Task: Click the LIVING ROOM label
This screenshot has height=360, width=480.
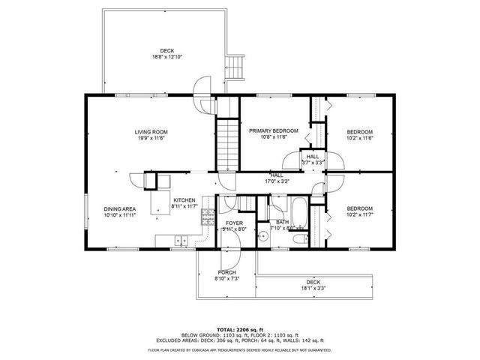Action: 151,132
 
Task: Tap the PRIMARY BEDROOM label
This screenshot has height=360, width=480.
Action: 273,130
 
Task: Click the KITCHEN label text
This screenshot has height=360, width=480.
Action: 184,200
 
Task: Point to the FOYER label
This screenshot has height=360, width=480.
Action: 234,223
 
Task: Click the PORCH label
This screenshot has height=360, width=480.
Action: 227,272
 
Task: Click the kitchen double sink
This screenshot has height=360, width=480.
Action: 181,240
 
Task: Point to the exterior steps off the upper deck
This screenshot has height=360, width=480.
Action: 238,67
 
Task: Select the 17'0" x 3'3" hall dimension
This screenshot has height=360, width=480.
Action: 276,181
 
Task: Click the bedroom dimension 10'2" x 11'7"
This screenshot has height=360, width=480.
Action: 359,214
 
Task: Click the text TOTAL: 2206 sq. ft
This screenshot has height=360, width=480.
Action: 239,329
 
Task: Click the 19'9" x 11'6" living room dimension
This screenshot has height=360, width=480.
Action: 151,138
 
